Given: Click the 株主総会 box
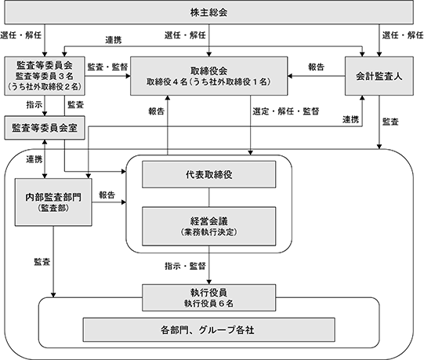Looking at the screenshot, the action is [208, 13].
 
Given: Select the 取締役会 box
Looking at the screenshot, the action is [208, 76].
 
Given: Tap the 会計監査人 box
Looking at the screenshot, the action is [379, 76].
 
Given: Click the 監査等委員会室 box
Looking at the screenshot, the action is [45, 128].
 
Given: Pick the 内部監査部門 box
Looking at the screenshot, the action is [53, 202].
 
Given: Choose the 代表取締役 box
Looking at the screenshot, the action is [209, 174].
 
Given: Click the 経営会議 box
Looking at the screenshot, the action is [209, 227].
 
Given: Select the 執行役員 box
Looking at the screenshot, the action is [209, 297].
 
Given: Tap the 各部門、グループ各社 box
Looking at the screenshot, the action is [208, 329].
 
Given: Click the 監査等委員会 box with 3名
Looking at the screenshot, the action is [45, 76].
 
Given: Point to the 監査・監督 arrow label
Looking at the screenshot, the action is [107, 67].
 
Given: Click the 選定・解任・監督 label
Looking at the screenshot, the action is [286, 111].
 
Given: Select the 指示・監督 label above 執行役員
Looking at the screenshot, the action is [185, 266].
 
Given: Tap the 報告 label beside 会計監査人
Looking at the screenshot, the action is [316, 67].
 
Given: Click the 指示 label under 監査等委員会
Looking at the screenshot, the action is [34, 105].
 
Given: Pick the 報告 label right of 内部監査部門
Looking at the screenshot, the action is [107, 195].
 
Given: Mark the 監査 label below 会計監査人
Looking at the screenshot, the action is [390, 122].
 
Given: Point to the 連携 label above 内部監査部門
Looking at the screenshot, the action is [34, 159].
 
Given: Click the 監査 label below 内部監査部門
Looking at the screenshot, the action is [42, 262].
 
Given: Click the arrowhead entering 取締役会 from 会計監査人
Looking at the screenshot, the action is [290, 76].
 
